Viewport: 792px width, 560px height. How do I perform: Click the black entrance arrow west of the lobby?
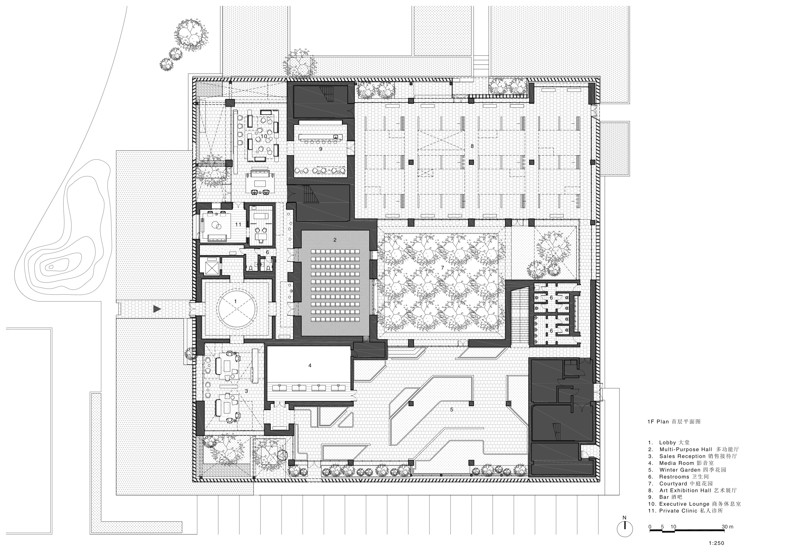(x=157, y=309)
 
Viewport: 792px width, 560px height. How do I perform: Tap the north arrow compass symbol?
(x=625, y=528)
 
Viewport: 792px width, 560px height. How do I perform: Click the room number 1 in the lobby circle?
(x=236, y=301)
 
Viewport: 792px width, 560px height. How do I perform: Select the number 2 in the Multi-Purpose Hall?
(x=335, y=240)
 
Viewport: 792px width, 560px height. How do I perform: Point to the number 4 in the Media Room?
(x=310, y=365)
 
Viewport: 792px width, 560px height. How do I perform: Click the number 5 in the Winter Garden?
(x=451, y=410)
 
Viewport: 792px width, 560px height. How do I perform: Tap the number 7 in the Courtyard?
(x=442, y=268)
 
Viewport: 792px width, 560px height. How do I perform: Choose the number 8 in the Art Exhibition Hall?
(x=472, y=146)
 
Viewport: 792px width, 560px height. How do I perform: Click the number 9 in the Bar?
(x=321, y=149)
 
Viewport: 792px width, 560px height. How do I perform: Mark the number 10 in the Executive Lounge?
(x=264, y=136)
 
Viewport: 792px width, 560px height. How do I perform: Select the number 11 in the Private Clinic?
(x=238, y=224)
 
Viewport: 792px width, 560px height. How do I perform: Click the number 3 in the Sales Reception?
(x=246, y=391)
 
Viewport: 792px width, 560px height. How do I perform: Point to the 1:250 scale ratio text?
(x=716, y=543)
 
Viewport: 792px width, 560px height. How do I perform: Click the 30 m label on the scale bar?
(x=728, y=527)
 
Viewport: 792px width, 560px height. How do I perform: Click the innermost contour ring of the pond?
(x=51, y=267)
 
